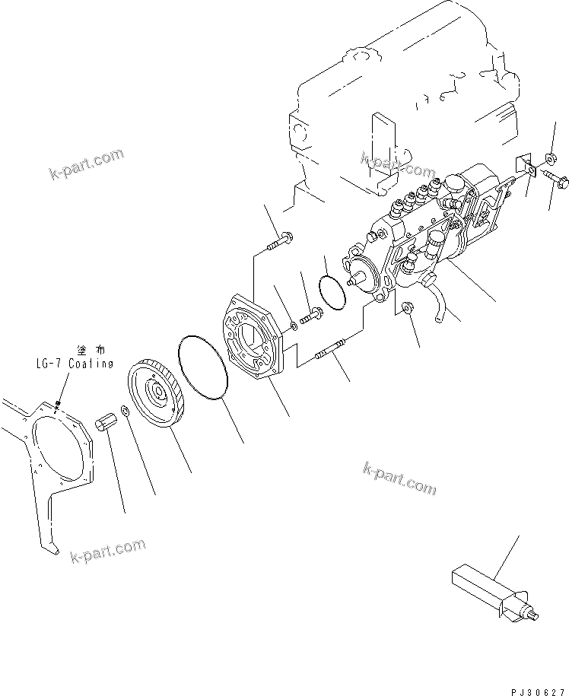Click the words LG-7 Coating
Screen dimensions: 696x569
(74, 364)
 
